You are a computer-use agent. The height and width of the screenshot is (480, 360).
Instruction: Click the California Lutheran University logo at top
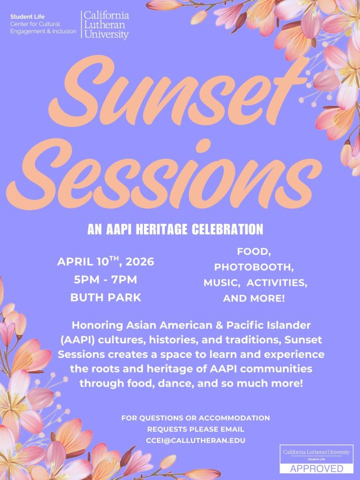pyautogui.click(x=106, y=25)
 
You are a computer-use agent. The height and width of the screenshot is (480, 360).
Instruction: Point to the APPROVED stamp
pyautogui.click(x=317, y=468)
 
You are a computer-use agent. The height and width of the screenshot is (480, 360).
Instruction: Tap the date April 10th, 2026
pyautogui.click(x=105, y=262)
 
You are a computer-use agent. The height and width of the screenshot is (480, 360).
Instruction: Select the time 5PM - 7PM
pyautogui.click(x=105, y=280)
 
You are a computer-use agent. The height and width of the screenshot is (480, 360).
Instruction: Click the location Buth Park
pyautogui.click(x=105, y=298)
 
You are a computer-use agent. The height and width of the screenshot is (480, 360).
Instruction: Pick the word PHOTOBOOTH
pyautogui.click(x=254, y=266)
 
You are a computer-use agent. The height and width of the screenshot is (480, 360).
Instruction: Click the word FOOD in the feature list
pyautogui.click(x=254, y=250)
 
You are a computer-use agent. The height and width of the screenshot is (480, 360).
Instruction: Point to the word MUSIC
pyautogui.click(x=224, y=282)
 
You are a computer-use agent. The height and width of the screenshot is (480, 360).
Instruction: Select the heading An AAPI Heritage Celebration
pyautogui.click(x=175, y=230)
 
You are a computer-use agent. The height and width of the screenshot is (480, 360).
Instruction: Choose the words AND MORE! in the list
pyautogui.click(x=254, y=299)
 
